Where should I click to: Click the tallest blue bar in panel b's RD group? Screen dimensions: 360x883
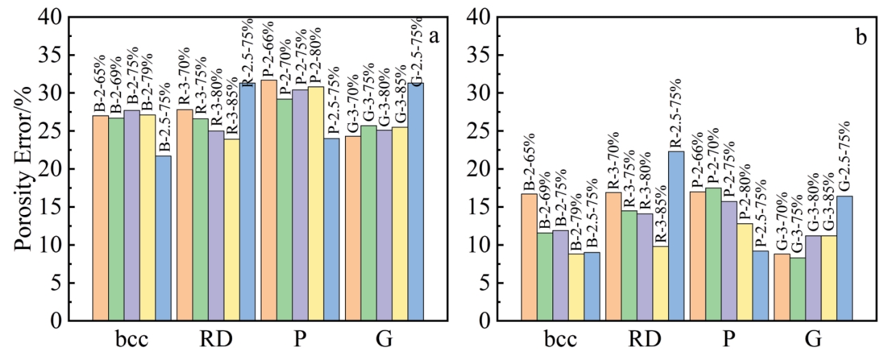click(676, 235)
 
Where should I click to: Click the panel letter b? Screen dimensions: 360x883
click(860, 38)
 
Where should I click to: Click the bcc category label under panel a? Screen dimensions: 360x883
click(131, 340)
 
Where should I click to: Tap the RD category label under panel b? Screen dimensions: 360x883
click(643, 340)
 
